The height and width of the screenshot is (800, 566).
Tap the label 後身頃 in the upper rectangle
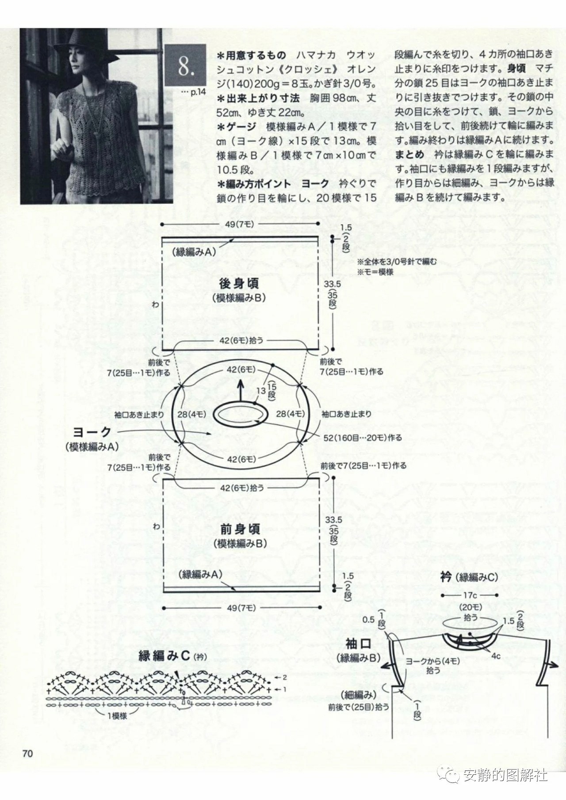[x=239, y=283]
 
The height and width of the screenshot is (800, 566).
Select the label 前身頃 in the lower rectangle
[x=240, y=529]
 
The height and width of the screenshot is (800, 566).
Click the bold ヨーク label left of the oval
[x=92, y=432]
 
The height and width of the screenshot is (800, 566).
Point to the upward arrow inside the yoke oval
[x=241, y=389]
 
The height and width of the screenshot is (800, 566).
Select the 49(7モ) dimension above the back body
[x=239, y=225]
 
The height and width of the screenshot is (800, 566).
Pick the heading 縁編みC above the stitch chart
[x=164, y=655]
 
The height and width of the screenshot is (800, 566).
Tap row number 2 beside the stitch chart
[x=285, y=677]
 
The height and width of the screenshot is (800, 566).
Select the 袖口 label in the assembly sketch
[x=358, y=643]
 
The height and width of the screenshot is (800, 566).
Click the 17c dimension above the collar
[x=470, y=596]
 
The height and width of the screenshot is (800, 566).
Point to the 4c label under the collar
[x=496, y=656]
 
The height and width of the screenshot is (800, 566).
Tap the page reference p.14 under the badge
[x=194, y=92]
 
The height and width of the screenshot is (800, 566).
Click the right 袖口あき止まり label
[x=346, y=414]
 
